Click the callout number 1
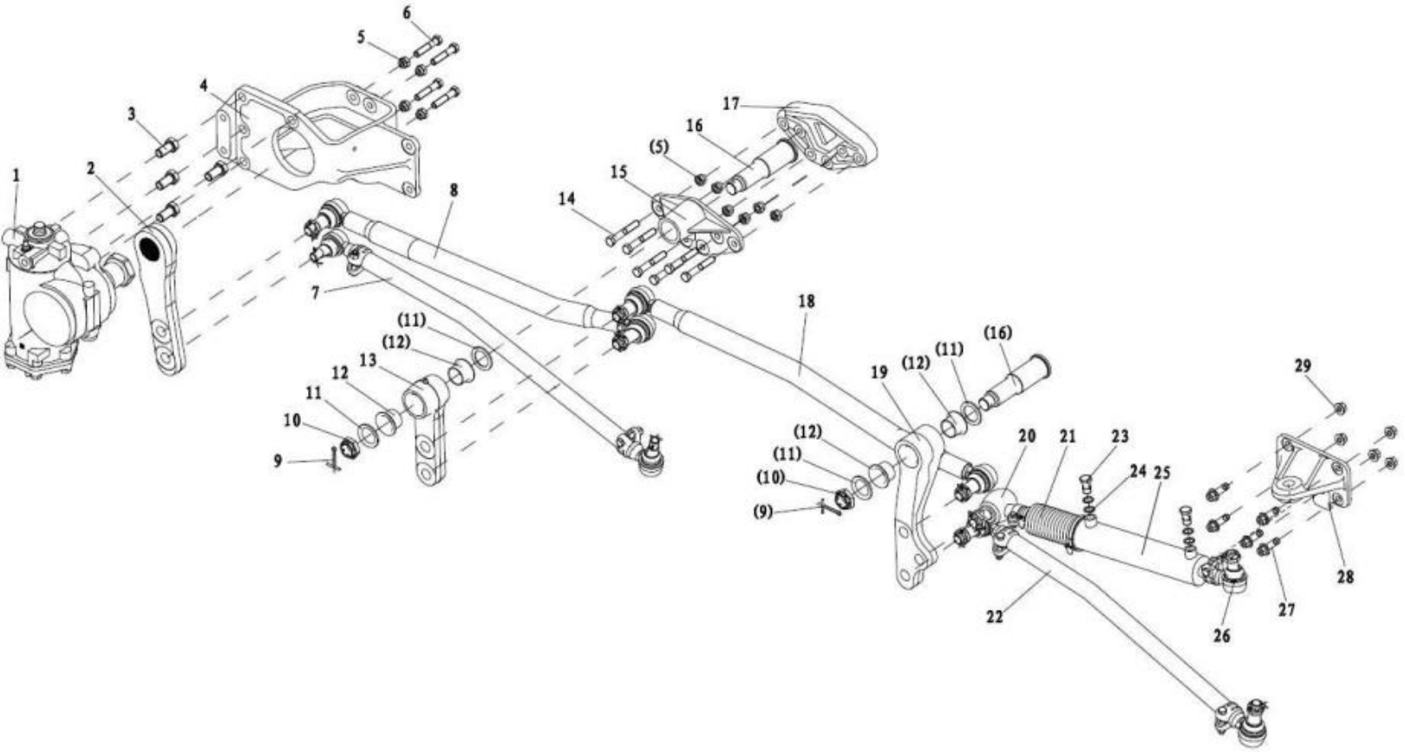pos(16,175)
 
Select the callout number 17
pos(731,104)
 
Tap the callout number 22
pos(994,616)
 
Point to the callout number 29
pos(1303,366)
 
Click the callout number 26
pos(1221,636)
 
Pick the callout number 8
pos(454,190)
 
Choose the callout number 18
pos(807,301)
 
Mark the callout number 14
pos(566,199)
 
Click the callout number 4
pos(203,86)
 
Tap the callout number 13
pos(369,360)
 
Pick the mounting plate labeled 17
pos(828,136)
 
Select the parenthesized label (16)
pos(998,333)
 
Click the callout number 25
pos(1162,474)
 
